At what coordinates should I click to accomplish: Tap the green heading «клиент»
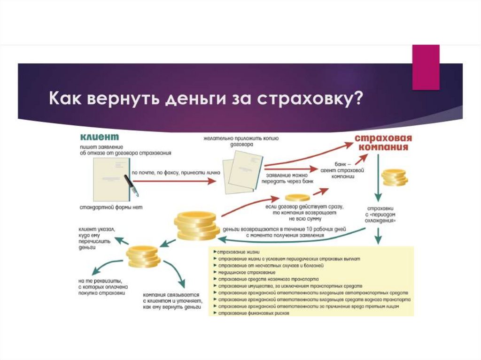99,137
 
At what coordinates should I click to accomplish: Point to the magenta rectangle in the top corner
426,67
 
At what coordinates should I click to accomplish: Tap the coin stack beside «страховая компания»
394,177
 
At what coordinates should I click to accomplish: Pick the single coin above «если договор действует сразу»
297,197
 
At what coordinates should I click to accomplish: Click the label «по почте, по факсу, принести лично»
176,173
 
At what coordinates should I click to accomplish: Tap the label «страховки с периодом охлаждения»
381,213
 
